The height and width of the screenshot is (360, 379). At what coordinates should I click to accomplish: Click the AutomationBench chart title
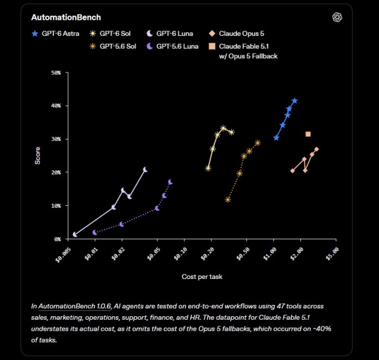click(66, 17)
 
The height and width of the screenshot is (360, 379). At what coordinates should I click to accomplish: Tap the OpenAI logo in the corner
click(337, 17)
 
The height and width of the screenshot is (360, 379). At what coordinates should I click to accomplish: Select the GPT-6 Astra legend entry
click(55, 34)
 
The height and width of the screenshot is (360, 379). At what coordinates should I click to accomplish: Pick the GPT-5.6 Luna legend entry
click(172, 46)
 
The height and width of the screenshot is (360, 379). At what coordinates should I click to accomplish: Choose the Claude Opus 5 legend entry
click(237, 34)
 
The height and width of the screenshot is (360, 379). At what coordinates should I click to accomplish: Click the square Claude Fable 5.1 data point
click(308, 134)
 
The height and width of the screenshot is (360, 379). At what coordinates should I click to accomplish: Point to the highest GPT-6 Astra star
click(295, 101)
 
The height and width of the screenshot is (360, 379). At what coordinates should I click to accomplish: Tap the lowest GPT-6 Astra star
click(276, 138)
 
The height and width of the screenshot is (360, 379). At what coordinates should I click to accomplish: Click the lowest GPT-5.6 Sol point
click(228, 200)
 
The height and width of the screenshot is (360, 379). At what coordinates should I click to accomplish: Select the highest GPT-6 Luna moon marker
click(145, 170)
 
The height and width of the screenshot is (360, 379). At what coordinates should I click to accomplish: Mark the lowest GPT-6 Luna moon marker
click(75, 235)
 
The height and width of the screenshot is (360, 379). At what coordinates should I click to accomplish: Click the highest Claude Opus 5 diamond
click(317, 149)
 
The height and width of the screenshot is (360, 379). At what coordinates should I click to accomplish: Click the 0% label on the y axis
click(58, 239)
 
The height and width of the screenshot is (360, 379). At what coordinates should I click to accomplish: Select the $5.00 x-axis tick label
click(333, 254)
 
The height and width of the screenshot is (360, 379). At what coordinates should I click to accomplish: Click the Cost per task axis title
click(202, 277)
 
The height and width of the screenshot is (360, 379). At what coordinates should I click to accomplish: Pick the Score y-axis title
click(37, 156)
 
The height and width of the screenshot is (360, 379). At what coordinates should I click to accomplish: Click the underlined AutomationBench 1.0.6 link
click(74, 306)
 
